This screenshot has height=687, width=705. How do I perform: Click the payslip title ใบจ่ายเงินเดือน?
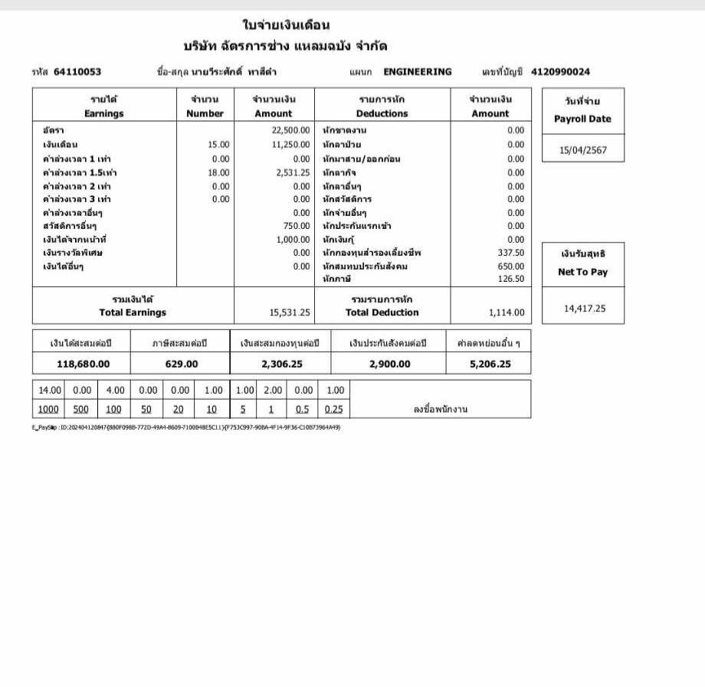point(286,25)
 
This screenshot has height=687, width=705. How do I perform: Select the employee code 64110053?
point(77,72)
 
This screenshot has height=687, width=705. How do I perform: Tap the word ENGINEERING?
point(418,72)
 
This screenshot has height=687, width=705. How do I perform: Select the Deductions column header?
point(382,113)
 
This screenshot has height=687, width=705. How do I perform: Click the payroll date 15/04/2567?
point(583,150)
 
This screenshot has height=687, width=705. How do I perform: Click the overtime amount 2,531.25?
point(293,172)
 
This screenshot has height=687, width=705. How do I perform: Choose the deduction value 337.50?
point(511,252)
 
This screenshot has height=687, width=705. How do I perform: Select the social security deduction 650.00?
point(511,266)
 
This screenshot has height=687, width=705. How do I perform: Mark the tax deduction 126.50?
point(511,279)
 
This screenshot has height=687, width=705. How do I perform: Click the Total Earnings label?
point(133,312)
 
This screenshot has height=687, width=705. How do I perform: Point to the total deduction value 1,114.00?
point(507,312)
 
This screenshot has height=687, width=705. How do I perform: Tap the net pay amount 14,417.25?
point(585,309)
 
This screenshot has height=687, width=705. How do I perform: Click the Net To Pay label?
point(582,272)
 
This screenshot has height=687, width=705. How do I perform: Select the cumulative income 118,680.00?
point(83,364)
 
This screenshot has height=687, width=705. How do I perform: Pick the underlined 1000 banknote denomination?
point(48,409)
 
